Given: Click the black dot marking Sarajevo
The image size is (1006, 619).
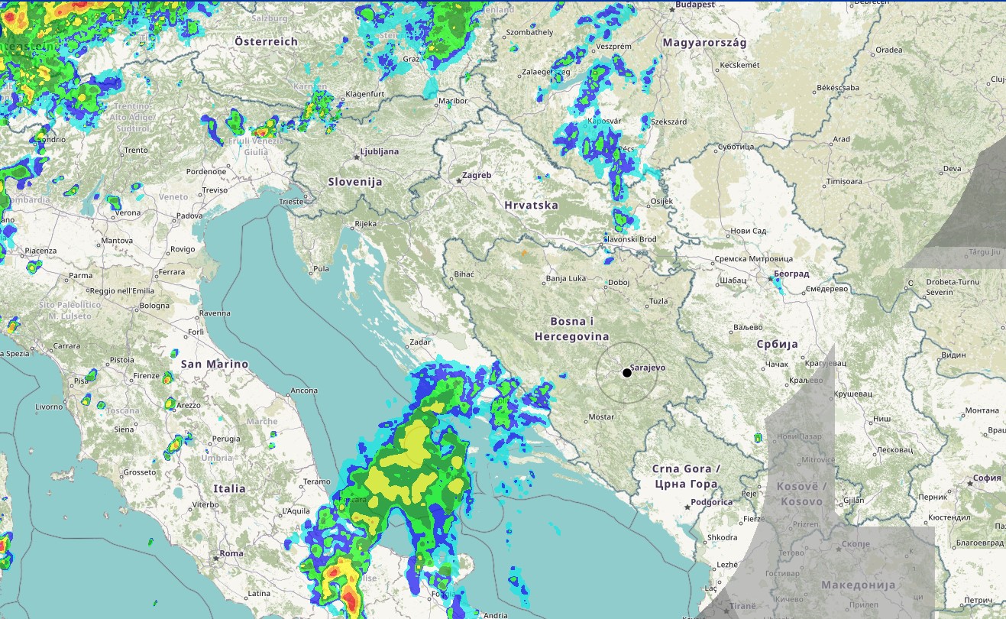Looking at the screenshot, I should (x=627, y=372).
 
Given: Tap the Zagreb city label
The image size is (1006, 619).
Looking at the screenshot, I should (x=477, y=175).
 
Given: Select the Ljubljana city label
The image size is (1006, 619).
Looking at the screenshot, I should (x=379, y=151).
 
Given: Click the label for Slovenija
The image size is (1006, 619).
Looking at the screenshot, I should (x=354, y=182).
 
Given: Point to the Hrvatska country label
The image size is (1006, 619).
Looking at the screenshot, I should (x=531, y=205).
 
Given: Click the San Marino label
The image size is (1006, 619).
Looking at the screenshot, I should (x=215, y=364).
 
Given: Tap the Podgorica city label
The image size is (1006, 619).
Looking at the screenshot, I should (x=710, y=502).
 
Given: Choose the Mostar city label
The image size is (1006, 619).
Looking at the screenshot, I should (x=602, y=417).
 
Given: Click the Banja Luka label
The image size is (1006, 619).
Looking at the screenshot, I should (x=566, y=278).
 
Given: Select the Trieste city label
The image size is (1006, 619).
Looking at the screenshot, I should (x=291, y=202).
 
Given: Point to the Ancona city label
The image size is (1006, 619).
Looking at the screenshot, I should (x=304, y=391).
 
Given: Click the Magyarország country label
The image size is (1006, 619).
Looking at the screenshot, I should (x=704, y=43).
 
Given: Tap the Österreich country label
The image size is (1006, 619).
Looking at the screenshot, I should (x=266, y=41).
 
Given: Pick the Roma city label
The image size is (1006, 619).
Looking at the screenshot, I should (x=231, y=553).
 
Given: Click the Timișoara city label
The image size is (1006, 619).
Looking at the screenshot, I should (x=843, y=182).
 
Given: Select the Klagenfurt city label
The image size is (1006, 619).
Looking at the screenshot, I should (x=364, y=94).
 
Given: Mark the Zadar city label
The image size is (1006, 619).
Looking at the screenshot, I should (x=420, y=342).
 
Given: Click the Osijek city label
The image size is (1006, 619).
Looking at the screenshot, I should (x=661, y=201).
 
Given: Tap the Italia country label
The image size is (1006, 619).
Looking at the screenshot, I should (x=230, y=488).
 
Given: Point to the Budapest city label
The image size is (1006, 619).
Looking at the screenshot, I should (x=695, y=5).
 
